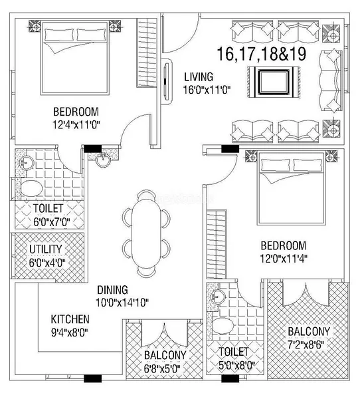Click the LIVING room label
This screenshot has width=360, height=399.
[x=199, y=77]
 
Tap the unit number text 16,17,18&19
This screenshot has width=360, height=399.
[x=262, y=54]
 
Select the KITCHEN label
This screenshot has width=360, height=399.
[x=70, y=319]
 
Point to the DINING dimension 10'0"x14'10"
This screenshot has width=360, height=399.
[x=122, y=303]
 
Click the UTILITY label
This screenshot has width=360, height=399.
[x=46, y=249]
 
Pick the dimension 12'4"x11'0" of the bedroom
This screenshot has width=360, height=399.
[x=76, y=125]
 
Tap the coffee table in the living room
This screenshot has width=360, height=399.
[x=274, y=82]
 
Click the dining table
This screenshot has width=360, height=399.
[x=146, y=233]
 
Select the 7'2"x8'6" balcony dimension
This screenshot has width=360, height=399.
[x=306, y=344]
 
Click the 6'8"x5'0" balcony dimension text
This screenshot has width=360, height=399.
[x=162, y=368]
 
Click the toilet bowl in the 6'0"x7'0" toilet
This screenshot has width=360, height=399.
[x=31, y=188]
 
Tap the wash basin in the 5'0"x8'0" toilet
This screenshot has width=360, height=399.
[x=218, y=296]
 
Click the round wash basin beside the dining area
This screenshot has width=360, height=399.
[x=103, y=160]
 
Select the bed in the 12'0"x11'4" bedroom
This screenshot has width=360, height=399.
[x=292, y=188]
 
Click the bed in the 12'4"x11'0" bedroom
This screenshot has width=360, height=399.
[x=75, y=59]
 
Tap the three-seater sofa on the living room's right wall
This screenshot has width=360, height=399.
[x=329, y=80]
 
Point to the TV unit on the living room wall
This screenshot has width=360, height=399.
[x=166, y=81]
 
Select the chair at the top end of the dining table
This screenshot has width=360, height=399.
[x=146, y=194]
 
